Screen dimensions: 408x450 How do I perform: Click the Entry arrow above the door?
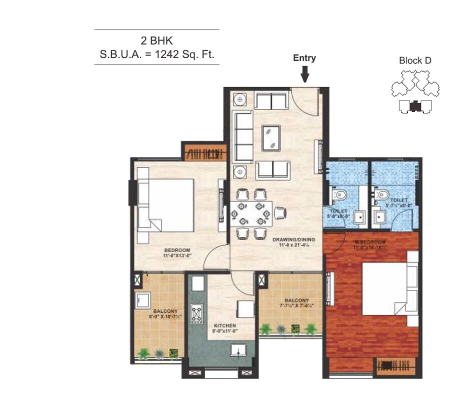(304, 74)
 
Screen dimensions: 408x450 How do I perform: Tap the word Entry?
(304, 58)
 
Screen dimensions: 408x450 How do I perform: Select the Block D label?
(415, 60)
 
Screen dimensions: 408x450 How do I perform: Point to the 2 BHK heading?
(156, 41)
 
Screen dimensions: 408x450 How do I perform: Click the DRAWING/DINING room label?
(293, 242)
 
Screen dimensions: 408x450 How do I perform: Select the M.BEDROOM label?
(370, 244)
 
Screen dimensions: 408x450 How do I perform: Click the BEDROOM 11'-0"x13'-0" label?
(177, 252)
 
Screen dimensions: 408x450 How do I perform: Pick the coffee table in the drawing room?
(271, 137)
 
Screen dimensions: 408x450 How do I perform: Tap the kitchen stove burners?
(198, 313)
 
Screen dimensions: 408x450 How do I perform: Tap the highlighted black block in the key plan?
(414, 105)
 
